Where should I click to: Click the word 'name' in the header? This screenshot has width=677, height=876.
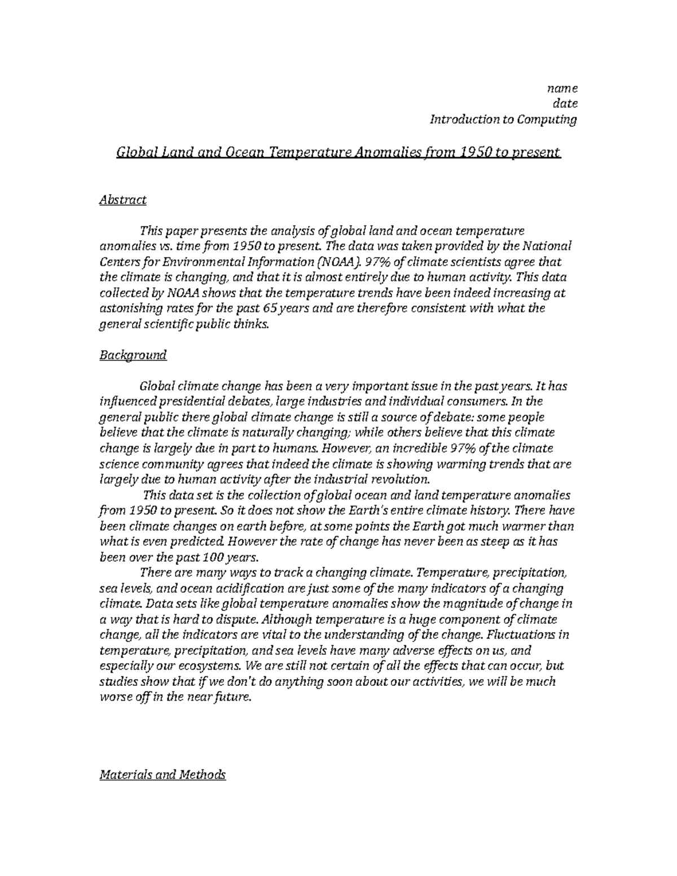pos(562,89)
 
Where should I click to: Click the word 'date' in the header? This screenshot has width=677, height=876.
pos(565,104)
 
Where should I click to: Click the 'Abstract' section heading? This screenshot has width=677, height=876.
pos(123,200)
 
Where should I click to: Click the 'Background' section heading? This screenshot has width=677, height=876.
pos(133,355)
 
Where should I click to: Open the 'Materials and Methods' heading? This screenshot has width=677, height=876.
pos(162,774)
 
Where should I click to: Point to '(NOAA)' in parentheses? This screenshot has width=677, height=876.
pos(338,262)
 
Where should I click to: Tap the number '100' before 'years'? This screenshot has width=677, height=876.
pos(212,557)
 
